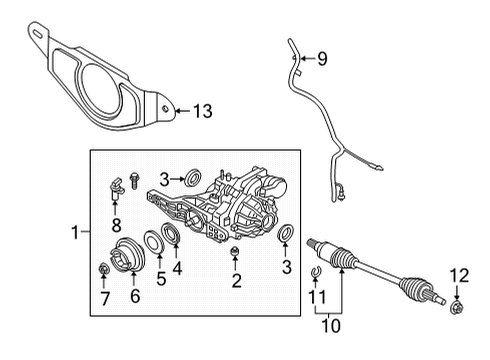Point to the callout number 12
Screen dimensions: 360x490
(x=459, y=274)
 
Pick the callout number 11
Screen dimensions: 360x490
(x=313, y=298)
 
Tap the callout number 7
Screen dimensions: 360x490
(x=103, y=297)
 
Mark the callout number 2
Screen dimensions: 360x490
(x=235, y=281)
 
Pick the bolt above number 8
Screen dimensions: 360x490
(x=116, y=182)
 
